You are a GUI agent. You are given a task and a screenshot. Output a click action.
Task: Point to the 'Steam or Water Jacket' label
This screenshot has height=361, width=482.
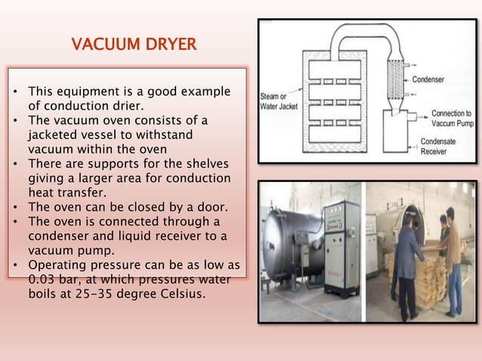(x=279, y=101)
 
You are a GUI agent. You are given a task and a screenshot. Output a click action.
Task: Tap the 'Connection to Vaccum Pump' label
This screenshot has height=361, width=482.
(x=450, y=118)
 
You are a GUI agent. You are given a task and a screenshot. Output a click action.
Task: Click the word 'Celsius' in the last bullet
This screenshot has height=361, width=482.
(x=181, y=295)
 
